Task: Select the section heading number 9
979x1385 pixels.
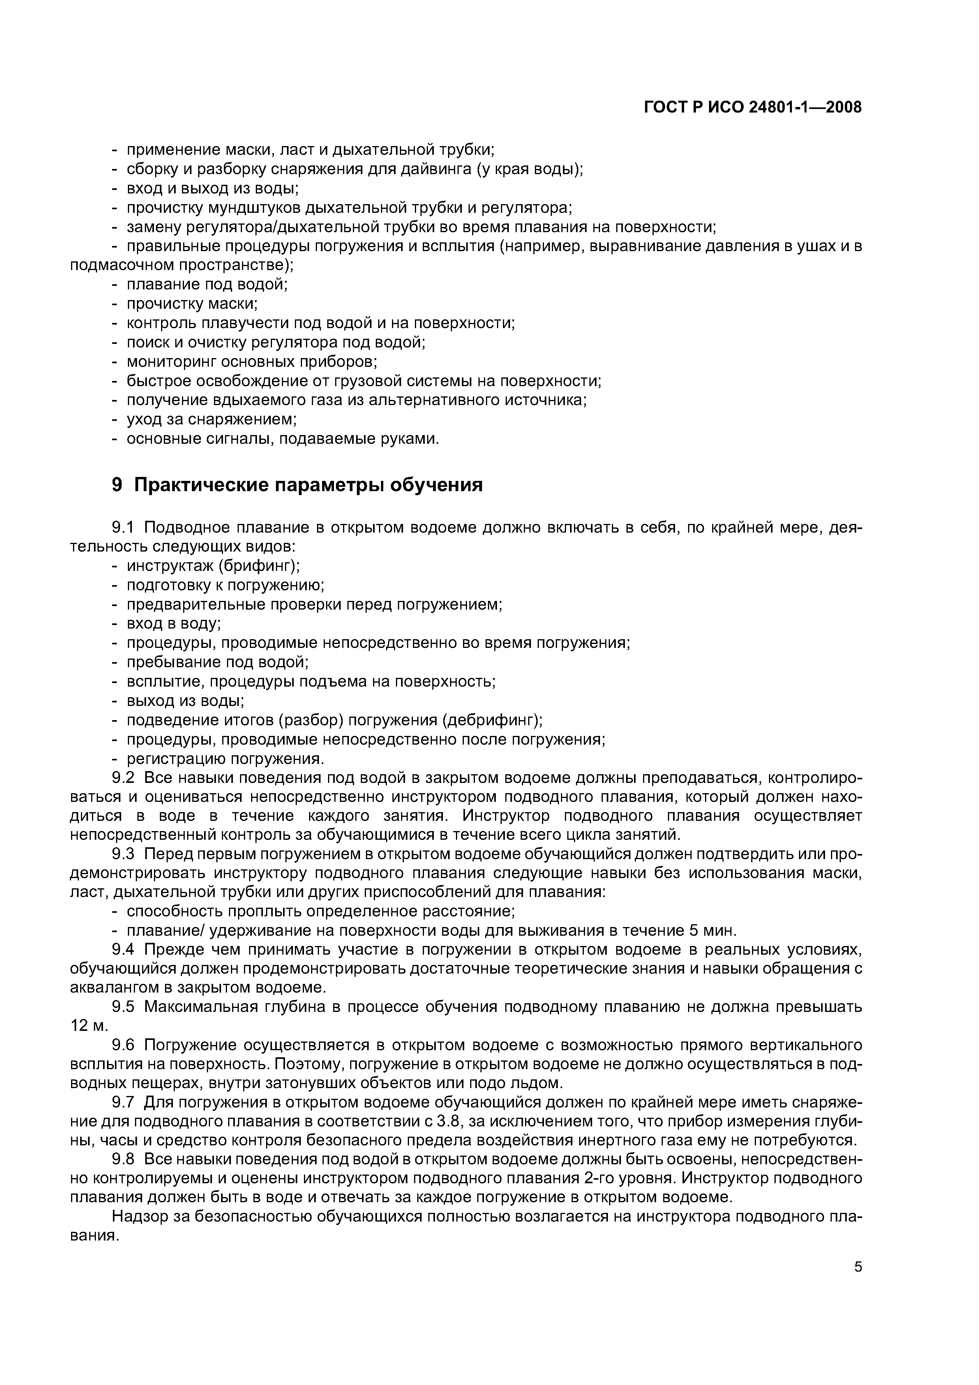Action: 118,484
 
